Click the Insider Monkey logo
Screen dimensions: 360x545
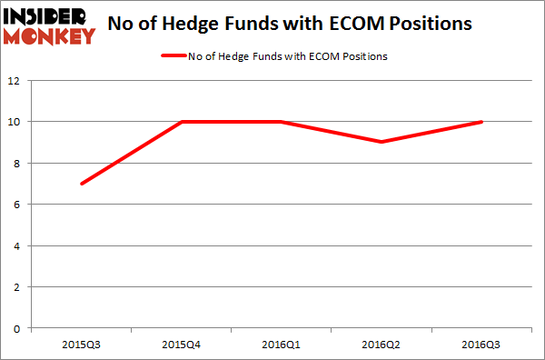[50, 25]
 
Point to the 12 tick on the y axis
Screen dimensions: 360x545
[16, 80]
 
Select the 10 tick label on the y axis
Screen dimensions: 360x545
[16, 122]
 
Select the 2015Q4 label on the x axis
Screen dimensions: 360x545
[181, 345]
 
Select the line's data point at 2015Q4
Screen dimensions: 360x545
[181, 122]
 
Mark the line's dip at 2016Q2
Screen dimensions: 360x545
[382, 142]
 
